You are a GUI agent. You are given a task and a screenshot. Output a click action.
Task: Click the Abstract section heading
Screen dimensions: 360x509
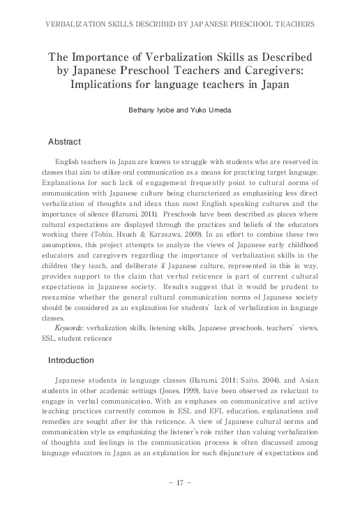(x=64, y=142)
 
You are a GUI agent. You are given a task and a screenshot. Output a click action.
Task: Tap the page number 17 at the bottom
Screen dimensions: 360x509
(x=179, y=482)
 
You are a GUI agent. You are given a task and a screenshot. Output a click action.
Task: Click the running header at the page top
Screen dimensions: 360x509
(x=179, y=24)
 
